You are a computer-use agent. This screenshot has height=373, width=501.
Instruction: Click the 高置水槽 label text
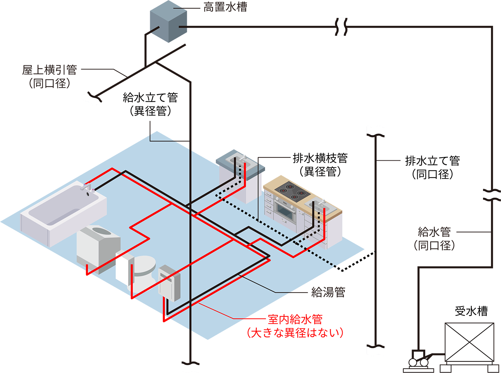(225, 7)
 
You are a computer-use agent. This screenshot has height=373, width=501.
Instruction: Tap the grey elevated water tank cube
(168, 22)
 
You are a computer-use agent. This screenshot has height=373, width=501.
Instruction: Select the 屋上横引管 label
(50, 70)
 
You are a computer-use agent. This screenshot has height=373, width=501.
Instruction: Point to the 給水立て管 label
(150, 98)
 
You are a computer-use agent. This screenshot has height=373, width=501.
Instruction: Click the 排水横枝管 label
(320, 158)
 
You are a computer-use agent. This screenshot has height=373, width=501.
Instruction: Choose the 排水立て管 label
(432, 161)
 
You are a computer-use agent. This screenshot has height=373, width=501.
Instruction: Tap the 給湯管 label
(328, 292)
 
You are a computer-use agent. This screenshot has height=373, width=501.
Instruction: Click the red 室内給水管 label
(295, 319)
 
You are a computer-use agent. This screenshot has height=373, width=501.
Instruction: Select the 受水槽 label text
(471, 311)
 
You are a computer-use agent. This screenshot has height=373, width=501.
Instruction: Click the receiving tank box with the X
(469, 342)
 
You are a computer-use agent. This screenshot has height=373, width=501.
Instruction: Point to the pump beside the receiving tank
(418, 361)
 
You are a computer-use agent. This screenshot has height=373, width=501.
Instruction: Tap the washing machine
(98, 249)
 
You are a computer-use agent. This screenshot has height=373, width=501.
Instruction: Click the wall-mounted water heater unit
(169, 283)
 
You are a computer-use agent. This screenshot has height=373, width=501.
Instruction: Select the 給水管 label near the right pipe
(434, 232)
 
